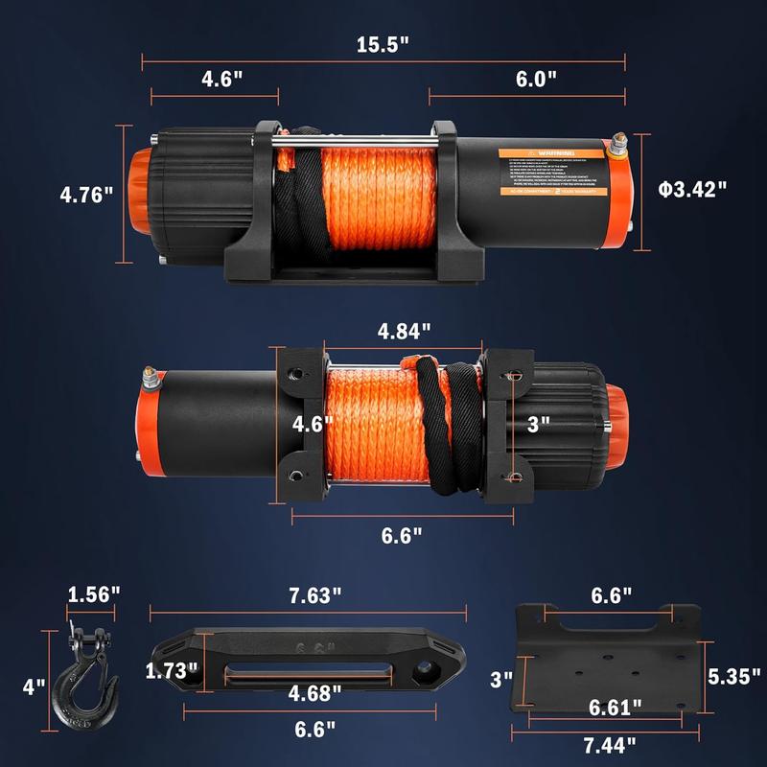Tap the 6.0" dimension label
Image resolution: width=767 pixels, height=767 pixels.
536,79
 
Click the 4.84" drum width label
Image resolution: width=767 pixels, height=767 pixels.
404,331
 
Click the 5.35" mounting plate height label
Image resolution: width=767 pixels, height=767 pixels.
733,676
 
